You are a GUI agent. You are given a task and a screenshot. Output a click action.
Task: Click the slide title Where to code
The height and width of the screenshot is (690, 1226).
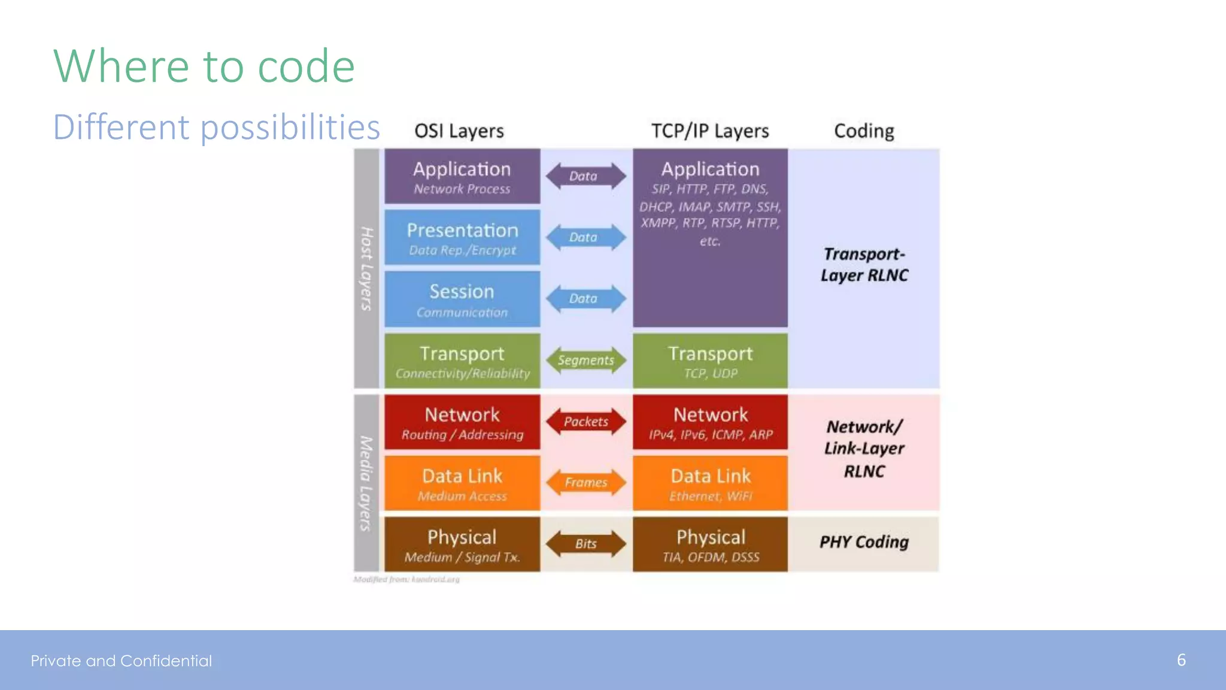[x=204, y=66]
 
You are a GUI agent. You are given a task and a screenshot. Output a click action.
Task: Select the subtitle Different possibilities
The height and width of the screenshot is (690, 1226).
[x=216, y=127]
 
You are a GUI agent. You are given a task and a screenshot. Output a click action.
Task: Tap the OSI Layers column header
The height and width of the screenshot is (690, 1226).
[x=459, y=131]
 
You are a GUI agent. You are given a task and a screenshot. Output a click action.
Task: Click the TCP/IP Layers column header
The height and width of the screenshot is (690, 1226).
[x=710, y=131]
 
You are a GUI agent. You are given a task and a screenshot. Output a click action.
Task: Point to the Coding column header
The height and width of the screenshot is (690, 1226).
[x=864, y=131]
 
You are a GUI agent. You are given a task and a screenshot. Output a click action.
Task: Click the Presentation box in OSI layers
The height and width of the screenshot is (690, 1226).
[x=462, y=238]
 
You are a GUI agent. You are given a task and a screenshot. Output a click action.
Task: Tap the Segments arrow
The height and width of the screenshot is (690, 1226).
[x=585, y=360]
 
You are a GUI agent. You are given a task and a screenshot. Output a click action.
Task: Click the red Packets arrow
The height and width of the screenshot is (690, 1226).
[x=585, y=421]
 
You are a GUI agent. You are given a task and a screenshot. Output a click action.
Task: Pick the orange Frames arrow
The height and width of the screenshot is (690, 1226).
[x=585, y=483]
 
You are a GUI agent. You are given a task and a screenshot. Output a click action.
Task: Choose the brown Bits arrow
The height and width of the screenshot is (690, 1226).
[x=585, y=544]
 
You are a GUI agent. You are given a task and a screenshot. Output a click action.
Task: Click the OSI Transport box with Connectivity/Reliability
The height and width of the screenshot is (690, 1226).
[x=462, y=361]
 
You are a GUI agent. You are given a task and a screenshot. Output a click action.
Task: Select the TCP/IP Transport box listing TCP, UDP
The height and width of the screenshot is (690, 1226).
[x=710, y=361]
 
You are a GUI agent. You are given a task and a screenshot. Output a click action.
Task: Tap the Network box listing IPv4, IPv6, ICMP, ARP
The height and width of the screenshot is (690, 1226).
[x=710, y=422]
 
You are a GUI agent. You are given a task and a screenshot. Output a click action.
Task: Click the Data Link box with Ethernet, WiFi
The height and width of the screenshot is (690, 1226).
[x=710, y=483]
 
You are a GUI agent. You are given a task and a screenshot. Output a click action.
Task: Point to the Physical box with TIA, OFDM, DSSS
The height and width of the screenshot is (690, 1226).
[x=710, y=544]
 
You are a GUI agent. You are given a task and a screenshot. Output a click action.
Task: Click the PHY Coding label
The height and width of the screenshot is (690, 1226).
[x=864, y=542]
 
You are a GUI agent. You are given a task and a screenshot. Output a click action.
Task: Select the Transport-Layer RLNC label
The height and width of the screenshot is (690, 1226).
[x=864, y=264]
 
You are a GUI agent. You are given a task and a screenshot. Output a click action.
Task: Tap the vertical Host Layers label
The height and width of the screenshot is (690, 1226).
[x=366, y=268]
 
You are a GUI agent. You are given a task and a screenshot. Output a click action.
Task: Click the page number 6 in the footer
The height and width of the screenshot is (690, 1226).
[x=1181, y=660]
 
